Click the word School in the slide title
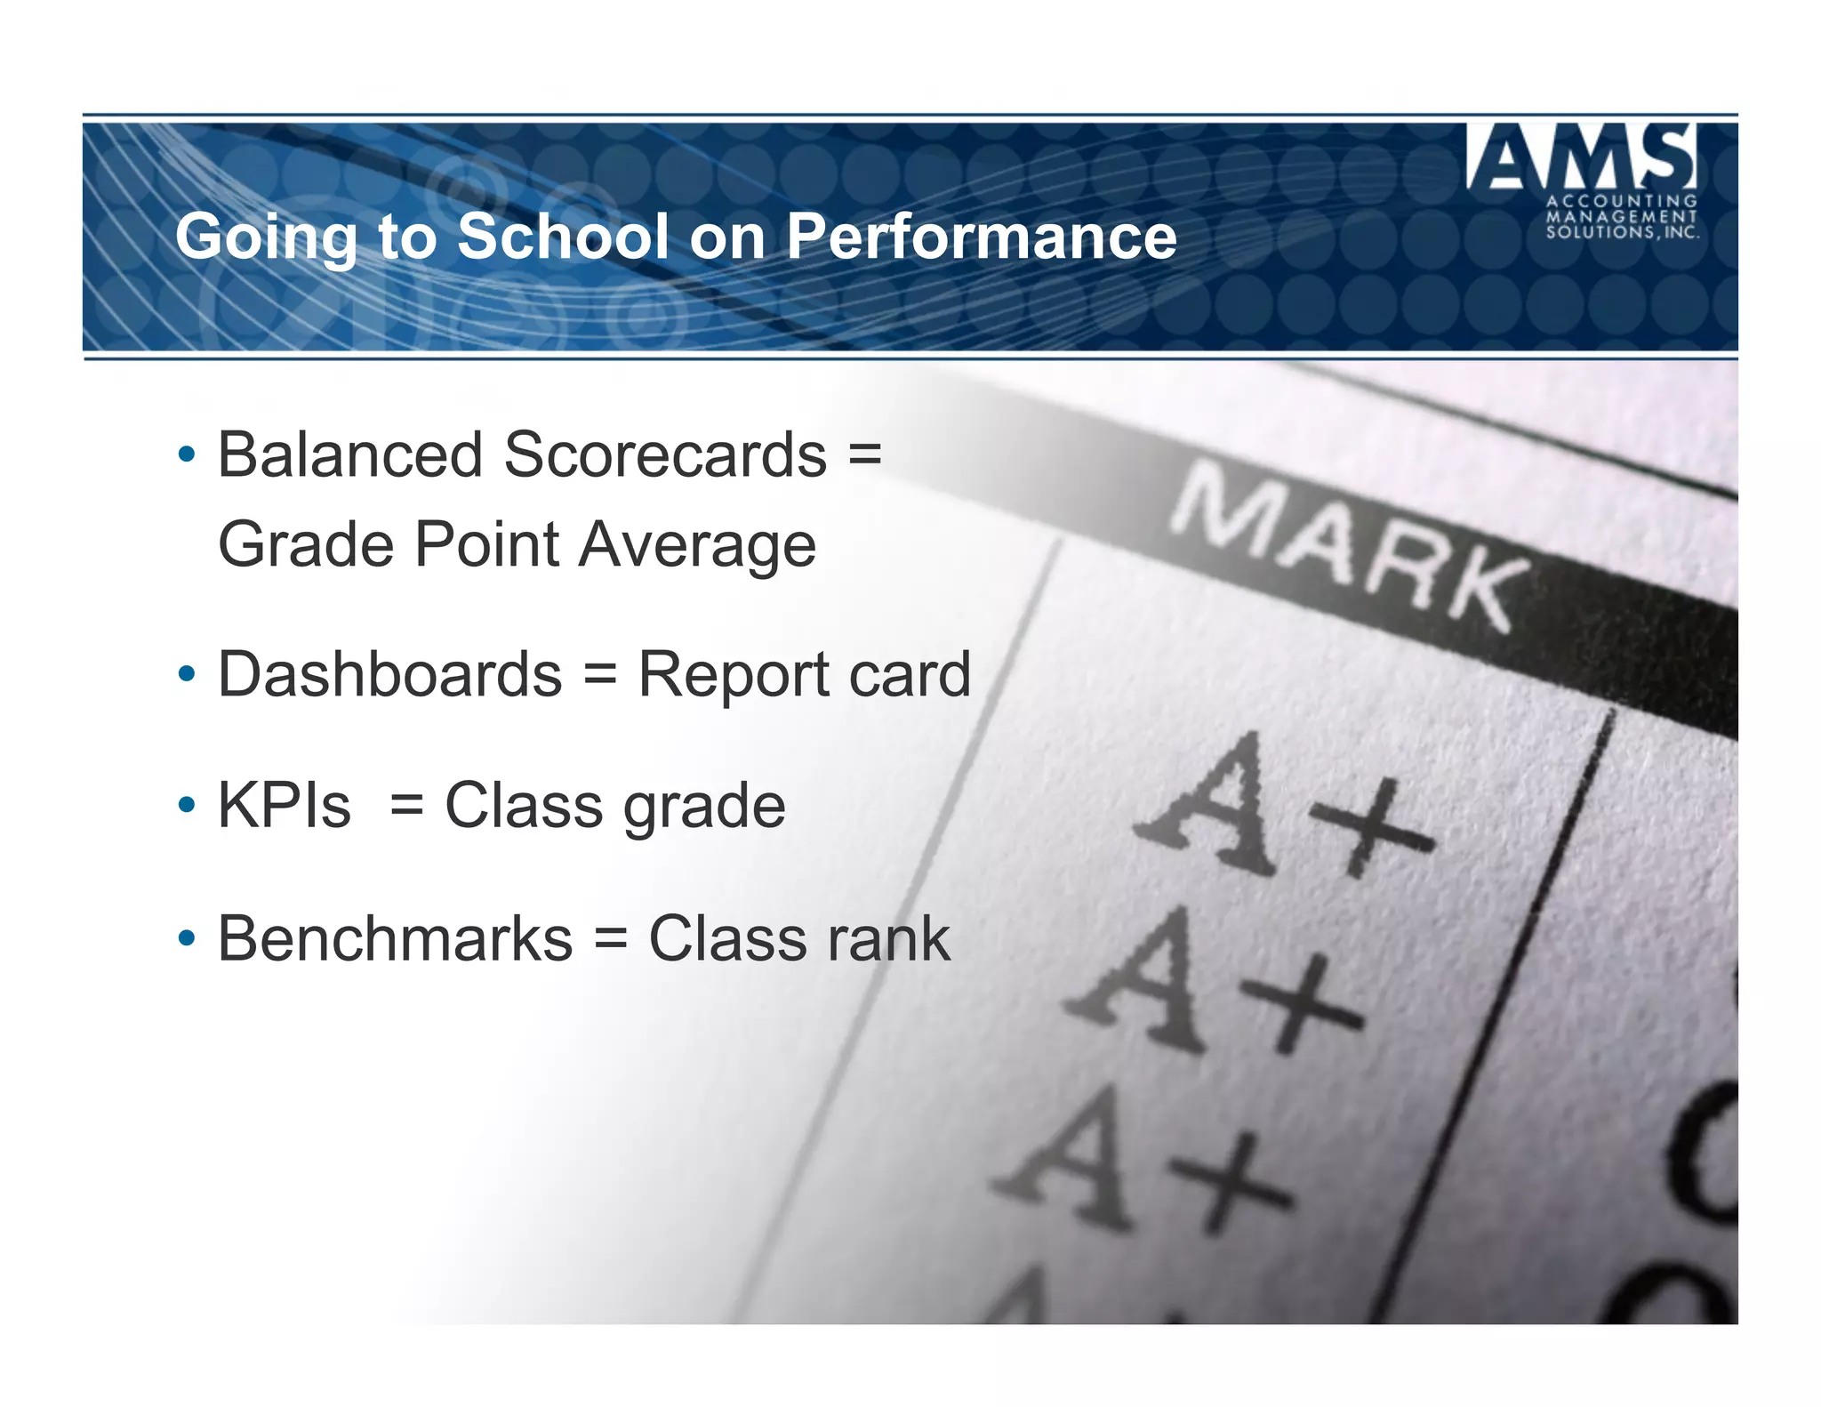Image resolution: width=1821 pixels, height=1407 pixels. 562,237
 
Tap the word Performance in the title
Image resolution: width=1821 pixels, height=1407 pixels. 982,237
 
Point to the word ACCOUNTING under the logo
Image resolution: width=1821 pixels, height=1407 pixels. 1622,202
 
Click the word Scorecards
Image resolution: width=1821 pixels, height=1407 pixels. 665,454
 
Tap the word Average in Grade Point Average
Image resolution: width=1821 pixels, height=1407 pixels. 697,544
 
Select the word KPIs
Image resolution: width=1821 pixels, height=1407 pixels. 285,806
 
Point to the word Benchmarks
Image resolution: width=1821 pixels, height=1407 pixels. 396,938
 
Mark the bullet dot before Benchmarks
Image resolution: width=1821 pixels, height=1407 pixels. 186,938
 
